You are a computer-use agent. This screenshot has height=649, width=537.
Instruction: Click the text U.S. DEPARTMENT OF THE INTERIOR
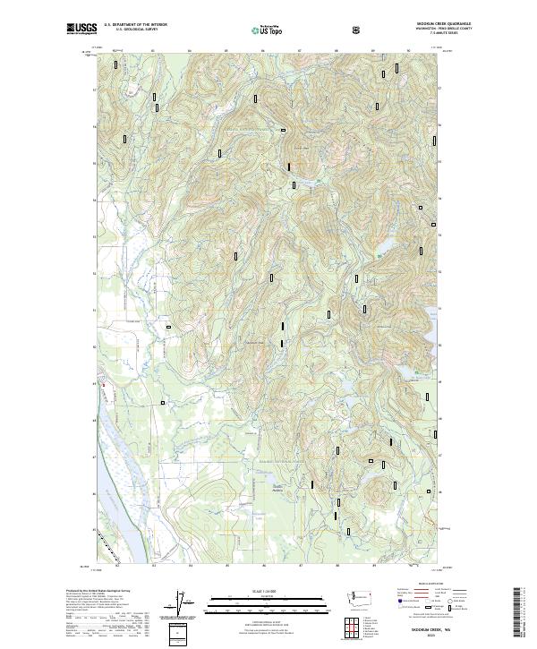pos(135,25)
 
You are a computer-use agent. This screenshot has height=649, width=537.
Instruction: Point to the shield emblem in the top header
pos(358,30)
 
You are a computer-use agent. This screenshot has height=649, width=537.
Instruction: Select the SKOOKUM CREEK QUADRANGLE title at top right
pos(444,24)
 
